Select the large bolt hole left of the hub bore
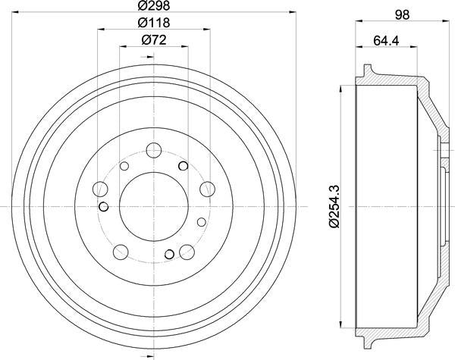(99, 189)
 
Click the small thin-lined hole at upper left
(127, 166)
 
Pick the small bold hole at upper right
(183, 166)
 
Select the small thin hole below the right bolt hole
(201, 222)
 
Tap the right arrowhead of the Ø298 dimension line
(291, 14)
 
